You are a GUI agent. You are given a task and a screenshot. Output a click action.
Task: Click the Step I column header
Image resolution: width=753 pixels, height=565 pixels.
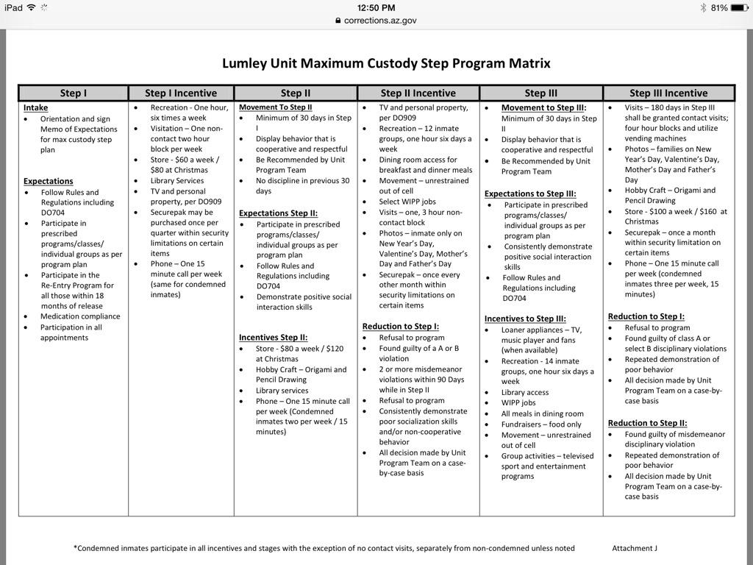point(73,93)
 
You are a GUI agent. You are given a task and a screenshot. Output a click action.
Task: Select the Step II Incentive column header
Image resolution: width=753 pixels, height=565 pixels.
point(418,93)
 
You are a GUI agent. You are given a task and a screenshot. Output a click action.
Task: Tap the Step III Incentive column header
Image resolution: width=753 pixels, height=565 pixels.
point(668,93)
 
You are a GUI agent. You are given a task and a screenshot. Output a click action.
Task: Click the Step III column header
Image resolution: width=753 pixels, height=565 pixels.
point(540,93)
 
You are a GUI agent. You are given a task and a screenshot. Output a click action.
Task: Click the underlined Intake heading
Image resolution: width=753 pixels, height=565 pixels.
point(35,107)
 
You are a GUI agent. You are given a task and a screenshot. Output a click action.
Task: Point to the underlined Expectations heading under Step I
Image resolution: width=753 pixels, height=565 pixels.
point(48,181)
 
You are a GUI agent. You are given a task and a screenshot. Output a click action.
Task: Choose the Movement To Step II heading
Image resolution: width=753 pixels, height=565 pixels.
point(275,107)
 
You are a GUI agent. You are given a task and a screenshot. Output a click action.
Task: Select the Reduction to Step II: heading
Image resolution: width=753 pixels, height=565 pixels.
point(647,423)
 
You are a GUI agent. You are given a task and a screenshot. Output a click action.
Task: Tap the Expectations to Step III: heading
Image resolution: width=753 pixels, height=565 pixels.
point(529,193)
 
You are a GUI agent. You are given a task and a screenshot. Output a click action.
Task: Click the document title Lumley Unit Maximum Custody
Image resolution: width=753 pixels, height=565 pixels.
point(386,63)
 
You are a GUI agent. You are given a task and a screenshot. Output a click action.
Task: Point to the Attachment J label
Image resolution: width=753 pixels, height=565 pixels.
point(634,548)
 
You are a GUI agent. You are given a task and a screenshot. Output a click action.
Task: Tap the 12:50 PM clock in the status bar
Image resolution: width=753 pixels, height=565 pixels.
point(376,8)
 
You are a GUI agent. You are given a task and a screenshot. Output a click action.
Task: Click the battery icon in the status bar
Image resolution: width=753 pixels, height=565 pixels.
point(739,8)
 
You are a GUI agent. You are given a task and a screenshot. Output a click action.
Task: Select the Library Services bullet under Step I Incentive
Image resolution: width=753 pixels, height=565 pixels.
point(177,180)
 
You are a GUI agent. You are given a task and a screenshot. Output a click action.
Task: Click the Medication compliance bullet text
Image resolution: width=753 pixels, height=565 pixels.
point(79,316)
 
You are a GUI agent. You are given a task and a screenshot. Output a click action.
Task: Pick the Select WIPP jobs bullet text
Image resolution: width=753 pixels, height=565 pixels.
point(407,202)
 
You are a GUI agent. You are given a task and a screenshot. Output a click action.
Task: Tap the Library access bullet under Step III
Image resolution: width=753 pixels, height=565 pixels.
point(525,393)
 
